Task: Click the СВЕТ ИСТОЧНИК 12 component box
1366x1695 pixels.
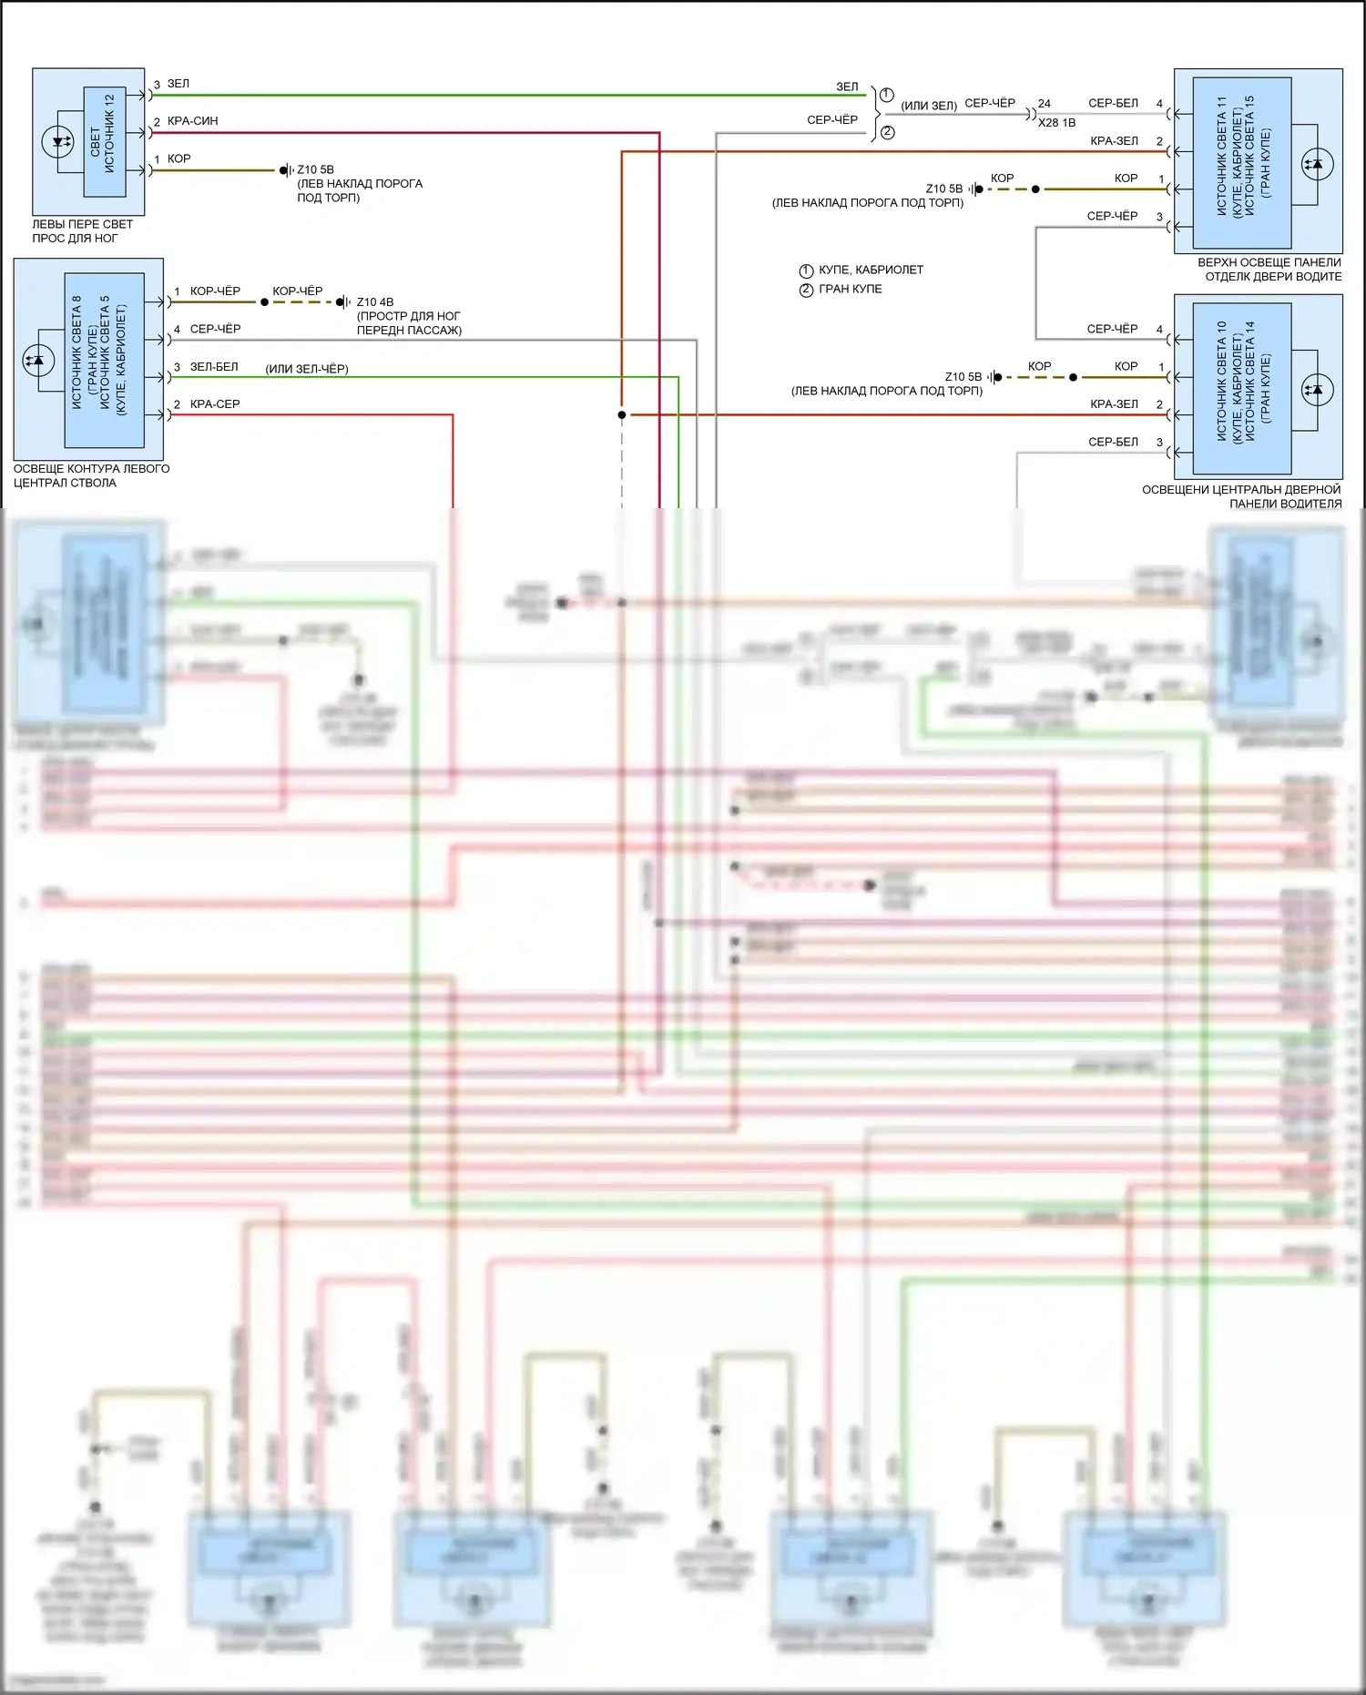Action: pos(104,142)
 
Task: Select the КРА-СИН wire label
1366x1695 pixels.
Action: pos(192,121)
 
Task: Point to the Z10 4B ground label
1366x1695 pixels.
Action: pos(375,302)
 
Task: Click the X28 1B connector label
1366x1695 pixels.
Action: pos(1056,123)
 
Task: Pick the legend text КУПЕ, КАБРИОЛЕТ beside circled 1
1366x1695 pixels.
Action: pos(871,271)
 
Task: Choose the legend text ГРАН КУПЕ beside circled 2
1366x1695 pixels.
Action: pos(850,290)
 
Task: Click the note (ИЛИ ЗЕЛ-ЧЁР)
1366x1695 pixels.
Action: pos(307,369)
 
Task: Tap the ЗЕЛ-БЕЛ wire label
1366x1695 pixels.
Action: pos(214,367)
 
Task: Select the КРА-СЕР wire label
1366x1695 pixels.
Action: pos(215,404)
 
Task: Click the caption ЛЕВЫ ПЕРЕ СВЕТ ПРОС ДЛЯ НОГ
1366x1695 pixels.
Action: pos(82,231)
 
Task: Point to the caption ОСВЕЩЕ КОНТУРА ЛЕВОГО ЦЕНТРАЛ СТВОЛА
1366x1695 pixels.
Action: pos(91,476)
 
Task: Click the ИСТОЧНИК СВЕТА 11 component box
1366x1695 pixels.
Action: pos(1242,162)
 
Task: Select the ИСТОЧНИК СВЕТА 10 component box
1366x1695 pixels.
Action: pos(1242,388)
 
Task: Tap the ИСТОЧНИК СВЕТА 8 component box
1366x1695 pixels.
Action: pos(103,360)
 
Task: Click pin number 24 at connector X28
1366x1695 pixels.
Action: pos(1044,104)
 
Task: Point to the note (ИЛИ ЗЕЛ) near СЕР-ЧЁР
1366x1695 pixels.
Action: pos(929,106)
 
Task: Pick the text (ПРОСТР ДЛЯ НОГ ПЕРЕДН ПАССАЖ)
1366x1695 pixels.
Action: pos(409,323)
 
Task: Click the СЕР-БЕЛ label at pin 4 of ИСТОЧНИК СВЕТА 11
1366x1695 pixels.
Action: pos(1113,104)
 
